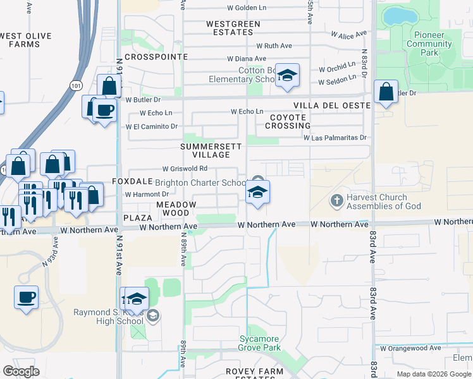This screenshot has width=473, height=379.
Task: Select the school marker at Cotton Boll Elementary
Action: (x=287, y=76)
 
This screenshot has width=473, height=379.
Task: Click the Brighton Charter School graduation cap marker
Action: (x=257, y=193)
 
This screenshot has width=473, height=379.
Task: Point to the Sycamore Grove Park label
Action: (x=259, y=343)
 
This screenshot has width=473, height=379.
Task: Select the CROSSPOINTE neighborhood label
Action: (x=156, y=57)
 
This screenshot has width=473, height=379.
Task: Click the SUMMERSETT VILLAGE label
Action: (x=207, y=150)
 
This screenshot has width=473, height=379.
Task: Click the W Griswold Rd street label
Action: (x=185, y=169)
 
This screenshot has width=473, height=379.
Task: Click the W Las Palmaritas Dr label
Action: (x=335, y=137)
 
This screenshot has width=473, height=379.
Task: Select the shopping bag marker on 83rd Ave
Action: (x=386, y=92)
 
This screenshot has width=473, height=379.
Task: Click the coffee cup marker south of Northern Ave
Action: (x=26, y=298)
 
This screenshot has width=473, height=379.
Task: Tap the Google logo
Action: (x=21, y=371)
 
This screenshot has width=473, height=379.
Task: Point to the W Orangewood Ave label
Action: (x=410, y=348)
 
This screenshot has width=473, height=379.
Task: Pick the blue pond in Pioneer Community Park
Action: (x=396, y=14)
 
